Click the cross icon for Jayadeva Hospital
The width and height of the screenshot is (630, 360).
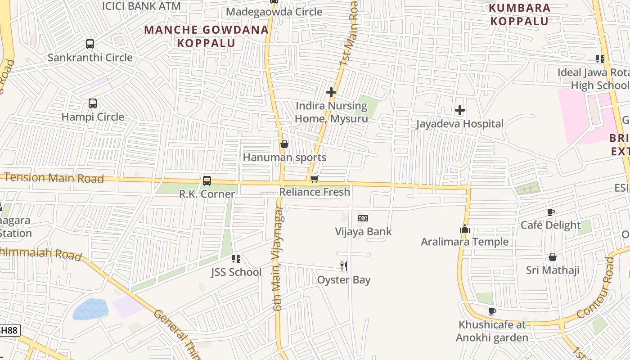point(459,110)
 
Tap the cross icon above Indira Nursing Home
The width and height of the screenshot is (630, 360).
point(331,92)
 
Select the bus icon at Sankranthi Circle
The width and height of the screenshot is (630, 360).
point(90,44)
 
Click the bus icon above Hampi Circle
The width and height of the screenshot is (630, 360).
point(93,103)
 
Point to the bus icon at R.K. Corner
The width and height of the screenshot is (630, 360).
point(207,180)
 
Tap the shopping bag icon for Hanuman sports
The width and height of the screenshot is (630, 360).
point(284,144)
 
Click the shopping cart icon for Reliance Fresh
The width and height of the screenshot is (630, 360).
point(315,179)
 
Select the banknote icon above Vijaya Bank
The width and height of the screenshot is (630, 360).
point(363,218)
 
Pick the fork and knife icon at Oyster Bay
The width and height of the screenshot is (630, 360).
point(344,266)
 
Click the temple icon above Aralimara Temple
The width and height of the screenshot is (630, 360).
point(464,229)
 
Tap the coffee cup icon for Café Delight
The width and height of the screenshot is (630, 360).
point(550,212)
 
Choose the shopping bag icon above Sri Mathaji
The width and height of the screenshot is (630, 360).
point(553,257)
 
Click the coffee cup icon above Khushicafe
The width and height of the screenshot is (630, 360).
point(492,311)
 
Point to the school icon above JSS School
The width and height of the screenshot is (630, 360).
point(236,259)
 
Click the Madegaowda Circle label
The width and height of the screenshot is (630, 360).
point(274,12)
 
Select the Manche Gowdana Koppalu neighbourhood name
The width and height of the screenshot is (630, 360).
point(207,36)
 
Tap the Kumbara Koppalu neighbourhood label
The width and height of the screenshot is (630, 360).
point(519,14)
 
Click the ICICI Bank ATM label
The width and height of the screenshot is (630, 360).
point(141,6)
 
